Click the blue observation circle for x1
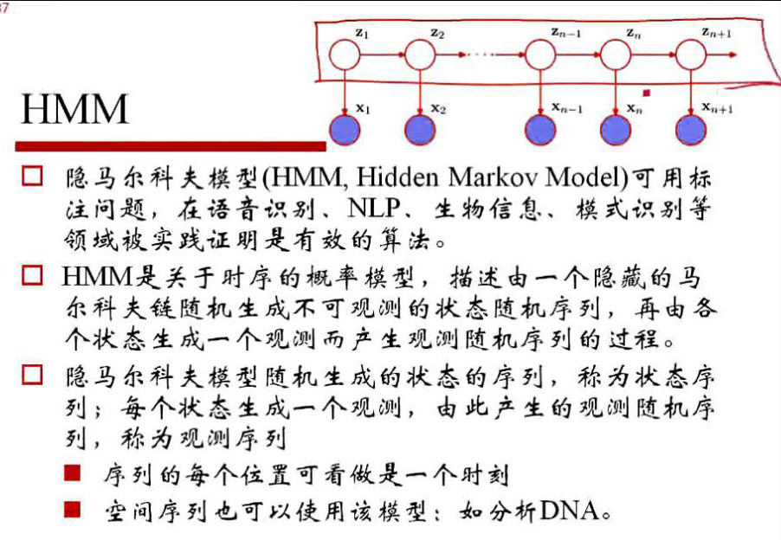click(345, 128)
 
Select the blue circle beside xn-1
click(540, 128)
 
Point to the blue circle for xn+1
click(690, 128)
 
